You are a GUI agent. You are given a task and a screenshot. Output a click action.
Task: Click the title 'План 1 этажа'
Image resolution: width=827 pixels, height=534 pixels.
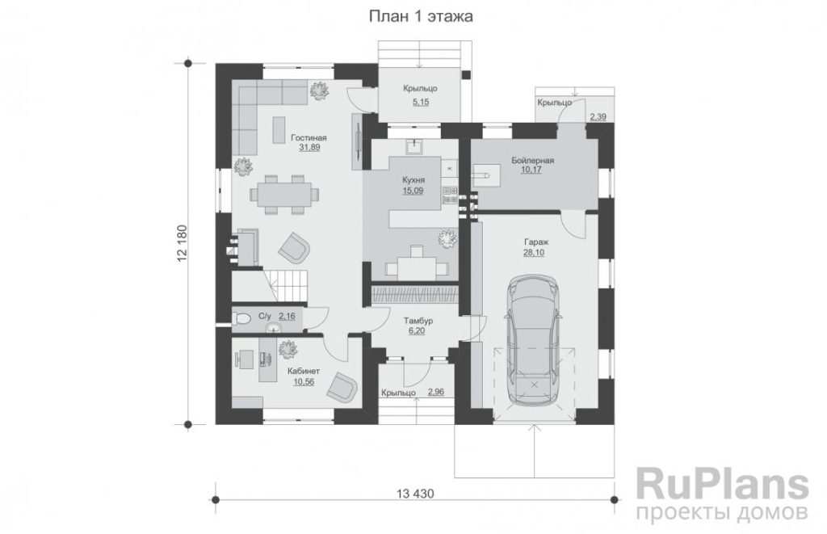tap(420, 17)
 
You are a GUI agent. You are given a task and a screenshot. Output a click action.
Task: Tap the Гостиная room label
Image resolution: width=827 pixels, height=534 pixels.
tap(309, 137)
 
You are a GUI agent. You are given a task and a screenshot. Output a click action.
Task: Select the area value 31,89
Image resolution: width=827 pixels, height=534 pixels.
tap(309, 148)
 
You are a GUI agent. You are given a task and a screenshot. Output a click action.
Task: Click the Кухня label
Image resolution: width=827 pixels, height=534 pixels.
tap(413, 180)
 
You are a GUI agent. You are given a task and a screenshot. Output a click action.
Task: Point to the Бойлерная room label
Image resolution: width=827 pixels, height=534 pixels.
tap(532, 161)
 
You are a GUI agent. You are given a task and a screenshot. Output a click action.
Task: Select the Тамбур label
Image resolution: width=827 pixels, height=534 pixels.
tap(418, 321)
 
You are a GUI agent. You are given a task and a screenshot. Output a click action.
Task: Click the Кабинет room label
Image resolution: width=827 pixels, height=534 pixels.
tap(304, 372)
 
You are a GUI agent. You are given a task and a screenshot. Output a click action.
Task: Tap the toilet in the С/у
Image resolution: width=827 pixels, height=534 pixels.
tap(241, 320)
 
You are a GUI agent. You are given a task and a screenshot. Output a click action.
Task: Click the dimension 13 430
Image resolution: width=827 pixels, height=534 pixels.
tap(415, 494)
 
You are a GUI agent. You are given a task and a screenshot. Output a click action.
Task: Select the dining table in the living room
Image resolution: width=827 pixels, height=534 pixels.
tap(283, 194)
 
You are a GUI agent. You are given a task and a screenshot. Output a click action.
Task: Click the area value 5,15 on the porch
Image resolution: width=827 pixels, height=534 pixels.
tap(420, 103)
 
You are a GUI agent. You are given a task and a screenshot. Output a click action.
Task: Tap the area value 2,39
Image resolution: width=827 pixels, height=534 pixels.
tap(598, 116)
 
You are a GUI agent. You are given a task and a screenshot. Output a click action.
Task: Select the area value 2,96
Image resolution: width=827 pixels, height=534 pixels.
tap(436, 392)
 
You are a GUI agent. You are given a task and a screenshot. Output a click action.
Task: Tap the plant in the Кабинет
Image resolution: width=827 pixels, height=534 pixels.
tap(288, 348)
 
